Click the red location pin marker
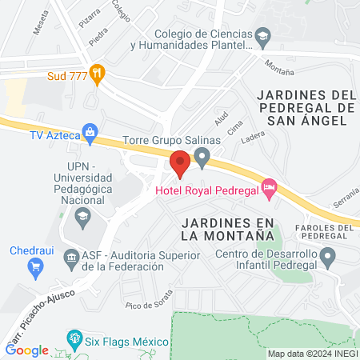[180, 164]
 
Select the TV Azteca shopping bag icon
[90, 132]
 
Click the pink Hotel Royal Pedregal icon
[270, 187]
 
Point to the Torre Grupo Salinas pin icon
[202, 155]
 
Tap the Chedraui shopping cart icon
[34, 266]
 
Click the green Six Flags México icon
[74, 338]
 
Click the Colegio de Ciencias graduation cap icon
[262, 36]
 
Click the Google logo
[27, 350]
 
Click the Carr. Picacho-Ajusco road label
[38, 313]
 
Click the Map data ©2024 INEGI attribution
[311, 354]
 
